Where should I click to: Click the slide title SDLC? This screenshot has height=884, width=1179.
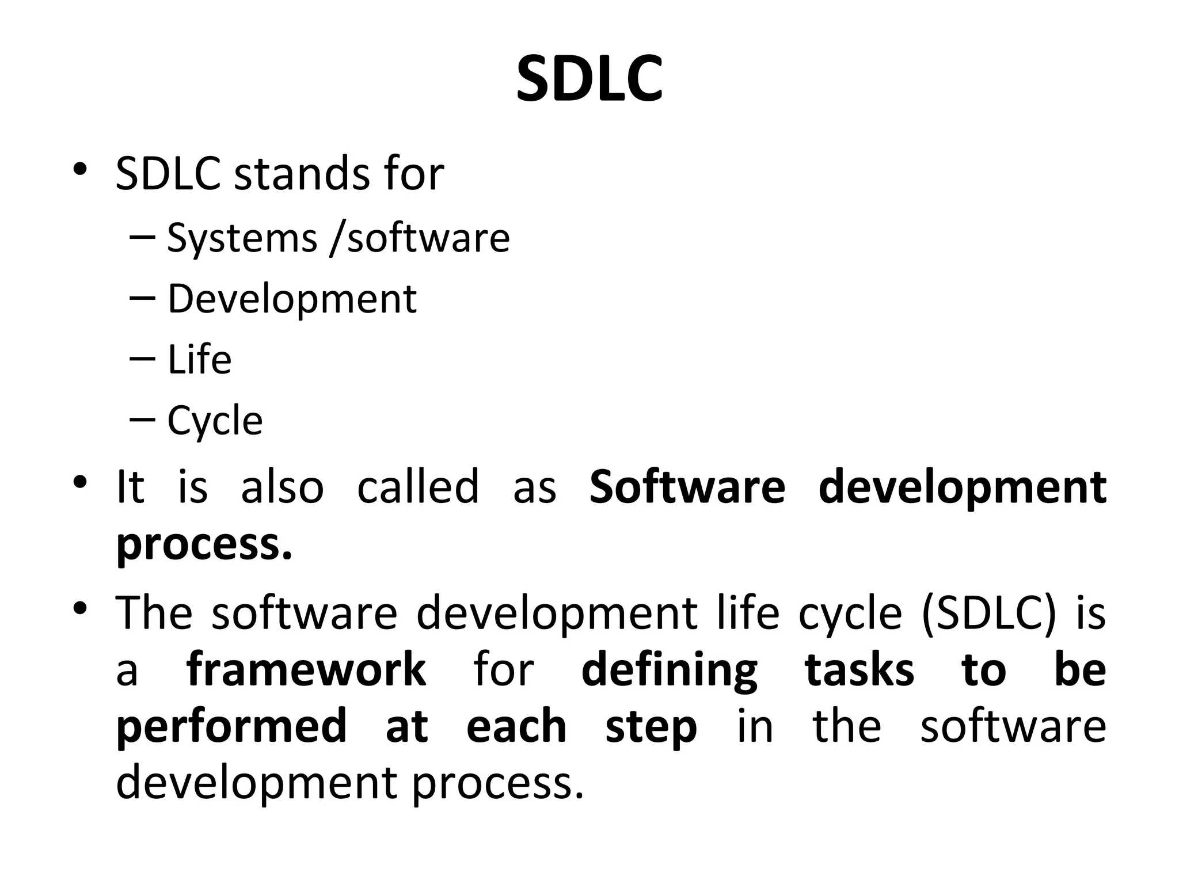[x=589, y=79]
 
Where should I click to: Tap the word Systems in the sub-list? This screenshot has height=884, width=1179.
[x=242, y=238]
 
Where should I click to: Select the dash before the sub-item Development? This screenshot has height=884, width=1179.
[x=143, y=298]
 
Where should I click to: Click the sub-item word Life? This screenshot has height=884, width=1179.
[x=199, y=360]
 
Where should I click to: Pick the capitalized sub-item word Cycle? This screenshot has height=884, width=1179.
[x=215, y=421]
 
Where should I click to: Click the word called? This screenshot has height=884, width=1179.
[x=418, y=487]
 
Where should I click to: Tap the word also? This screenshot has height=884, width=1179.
[x=282, y=487]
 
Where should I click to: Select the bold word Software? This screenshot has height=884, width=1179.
[x=687, y=487]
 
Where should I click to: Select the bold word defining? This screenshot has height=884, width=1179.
[x=669, y=670]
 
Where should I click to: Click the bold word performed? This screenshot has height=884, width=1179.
[x=231, y=727]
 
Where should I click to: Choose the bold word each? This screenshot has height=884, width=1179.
[x=516, y=727]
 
